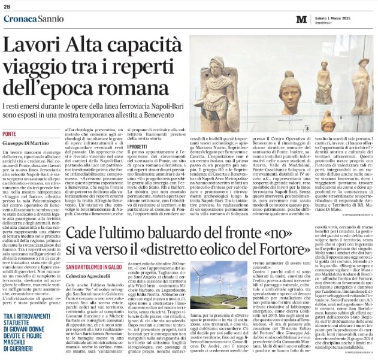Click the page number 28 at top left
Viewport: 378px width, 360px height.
pos(7,7)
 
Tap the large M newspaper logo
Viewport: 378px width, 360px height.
pos(301,19)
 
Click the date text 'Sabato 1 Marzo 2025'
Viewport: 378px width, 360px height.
pos(336,17)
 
